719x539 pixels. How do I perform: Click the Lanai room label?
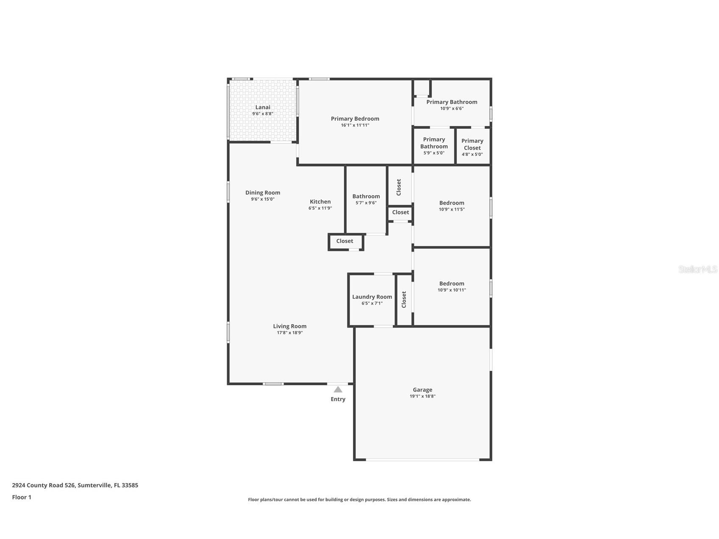coord(263,107)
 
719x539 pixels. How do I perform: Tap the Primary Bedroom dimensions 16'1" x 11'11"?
coord(355,125)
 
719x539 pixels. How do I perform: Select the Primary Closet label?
coord(472,144)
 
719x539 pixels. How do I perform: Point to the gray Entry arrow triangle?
coord(338,389)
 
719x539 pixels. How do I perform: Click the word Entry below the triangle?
coord(338,399)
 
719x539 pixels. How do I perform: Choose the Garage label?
coord(422,390)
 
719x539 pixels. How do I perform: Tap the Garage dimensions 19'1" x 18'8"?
coord(422,397)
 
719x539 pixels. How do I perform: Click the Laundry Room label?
coord(372,297)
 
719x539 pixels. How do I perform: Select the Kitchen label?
coord(320,202)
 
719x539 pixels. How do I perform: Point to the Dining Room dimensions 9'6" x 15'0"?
coord(263,199)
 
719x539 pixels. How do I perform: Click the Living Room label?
coord(289,326)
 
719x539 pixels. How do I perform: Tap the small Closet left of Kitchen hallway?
coord(344,241)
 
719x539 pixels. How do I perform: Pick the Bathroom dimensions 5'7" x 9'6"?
coord(366,203)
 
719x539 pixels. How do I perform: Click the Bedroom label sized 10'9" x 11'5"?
coord(452,203)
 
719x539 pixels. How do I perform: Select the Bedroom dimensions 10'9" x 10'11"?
coord(452,290)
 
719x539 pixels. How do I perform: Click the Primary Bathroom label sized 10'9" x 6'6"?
coord(452,102)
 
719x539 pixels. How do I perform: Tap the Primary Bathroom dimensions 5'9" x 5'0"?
coord(434,153)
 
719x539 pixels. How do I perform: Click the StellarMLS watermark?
coord(697,269)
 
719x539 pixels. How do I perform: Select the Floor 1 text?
coord(22,497)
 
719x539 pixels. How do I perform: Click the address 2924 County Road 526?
coord(44,485)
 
